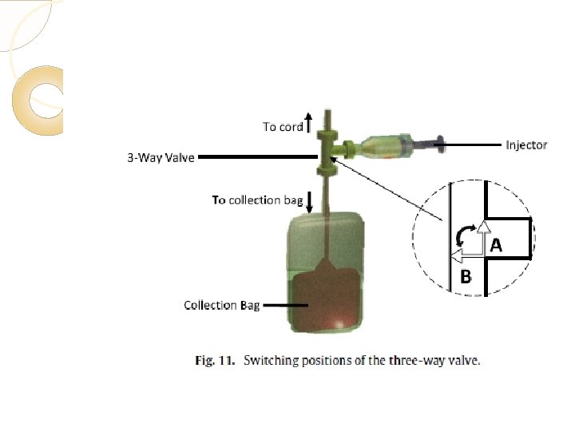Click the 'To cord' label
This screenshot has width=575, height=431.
(x=283, y=126)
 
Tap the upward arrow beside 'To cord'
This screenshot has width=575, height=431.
(x=308, y=123)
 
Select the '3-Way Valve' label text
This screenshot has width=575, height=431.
(x=161, y=157)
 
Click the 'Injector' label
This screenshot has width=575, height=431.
(x=526, y=144)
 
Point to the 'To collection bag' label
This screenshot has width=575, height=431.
(x=256, y=200)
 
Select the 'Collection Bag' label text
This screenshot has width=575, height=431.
(x=221, y=305)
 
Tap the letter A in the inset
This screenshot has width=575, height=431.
(x=496, y=246)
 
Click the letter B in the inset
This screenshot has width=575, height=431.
(x=466, y=278)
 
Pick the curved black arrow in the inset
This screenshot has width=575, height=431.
(x=461, y=235)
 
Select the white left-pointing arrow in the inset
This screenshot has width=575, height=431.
(x=460, y=256)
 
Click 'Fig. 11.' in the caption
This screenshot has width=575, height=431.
(x=216, y=361)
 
